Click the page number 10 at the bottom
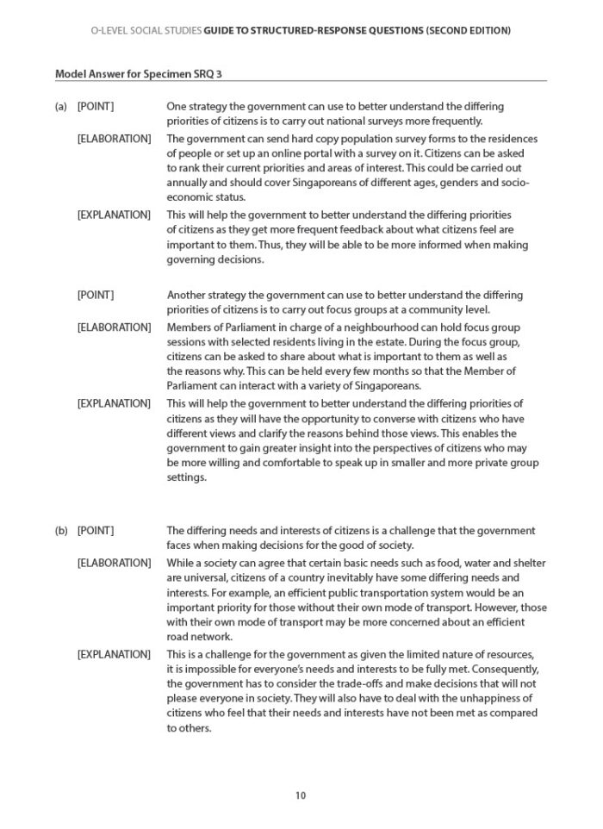coord(300,795)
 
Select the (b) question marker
coord(61,530)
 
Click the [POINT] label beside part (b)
coord(95,530)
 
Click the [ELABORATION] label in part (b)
coord(115,562)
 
